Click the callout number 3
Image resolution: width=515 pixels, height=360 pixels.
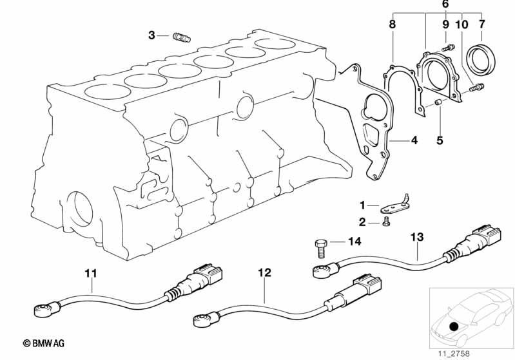point(151,35)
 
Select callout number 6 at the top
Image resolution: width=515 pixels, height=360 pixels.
point(445,5)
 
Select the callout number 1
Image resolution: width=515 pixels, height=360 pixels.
point(362,205)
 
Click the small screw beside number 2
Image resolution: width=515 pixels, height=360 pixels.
point(387,222)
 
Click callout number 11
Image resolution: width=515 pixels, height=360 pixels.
point(91,274)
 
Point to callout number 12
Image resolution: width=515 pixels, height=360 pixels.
point(264,273)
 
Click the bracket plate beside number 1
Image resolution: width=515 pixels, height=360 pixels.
point(389,207)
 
